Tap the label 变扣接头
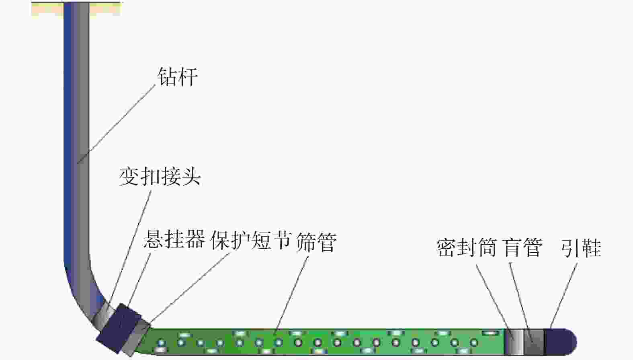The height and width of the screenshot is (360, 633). (160, 176)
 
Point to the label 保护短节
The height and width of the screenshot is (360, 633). (250, 240)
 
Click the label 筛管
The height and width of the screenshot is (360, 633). (316, 242)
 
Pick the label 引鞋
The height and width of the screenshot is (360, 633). (581, 248)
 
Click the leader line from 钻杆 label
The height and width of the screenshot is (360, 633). (117, 124)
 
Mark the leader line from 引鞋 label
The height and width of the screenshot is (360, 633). (564, 295)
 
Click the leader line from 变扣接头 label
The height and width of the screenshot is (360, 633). (131, 245)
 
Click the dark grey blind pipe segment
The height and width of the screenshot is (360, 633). (534, 342)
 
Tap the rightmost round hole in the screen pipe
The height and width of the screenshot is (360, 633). (474, 343)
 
